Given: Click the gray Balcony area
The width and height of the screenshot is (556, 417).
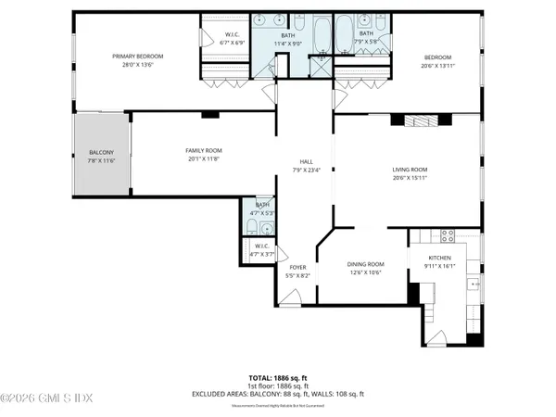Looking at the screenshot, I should click(101, 156).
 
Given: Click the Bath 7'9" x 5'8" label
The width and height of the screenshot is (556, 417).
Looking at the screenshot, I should click(366, 38).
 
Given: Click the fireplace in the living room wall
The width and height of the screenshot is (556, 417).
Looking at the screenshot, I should click(423, 119).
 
